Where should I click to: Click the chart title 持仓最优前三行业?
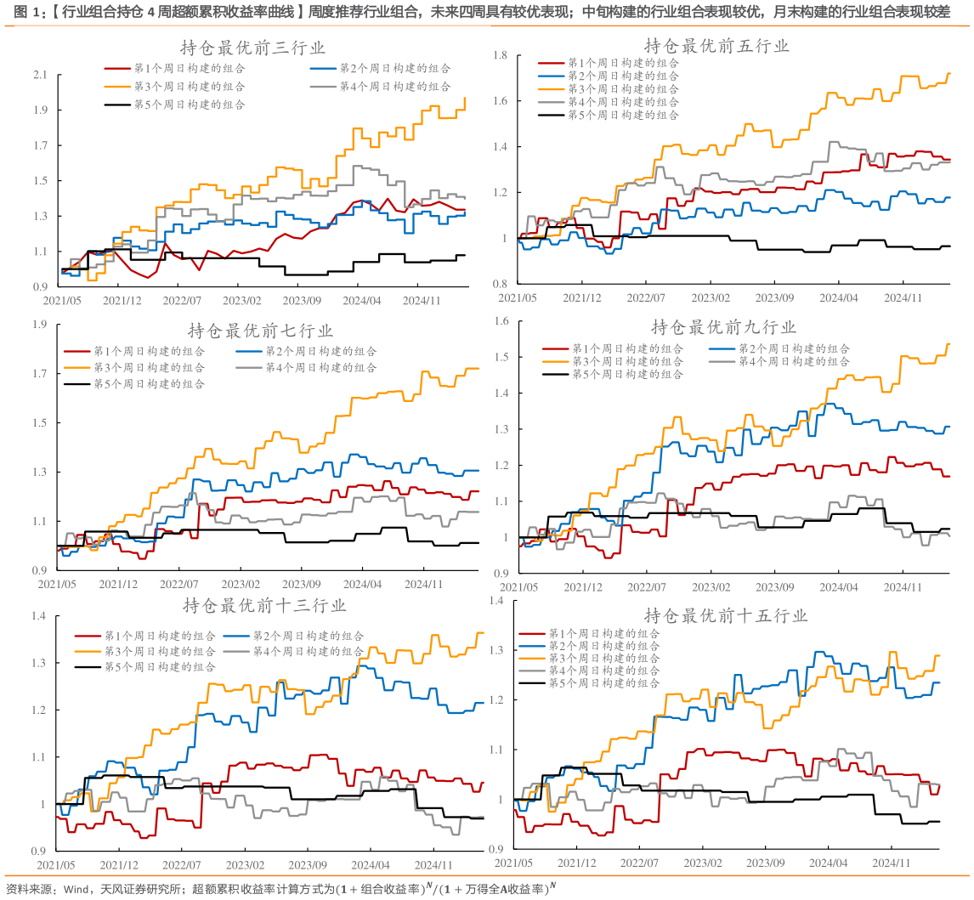click(252, 48)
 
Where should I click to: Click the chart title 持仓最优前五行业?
click(716, 46)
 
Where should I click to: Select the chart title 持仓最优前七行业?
click(260, 331)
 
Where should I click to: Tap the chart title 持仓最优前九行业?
click(723, 327)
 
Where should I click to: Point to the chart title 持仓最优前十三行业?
click(264, 606)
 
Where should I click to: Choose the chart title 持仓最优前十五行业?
click(726, 615)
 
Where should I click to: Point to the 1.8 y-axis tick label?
click(500, 56)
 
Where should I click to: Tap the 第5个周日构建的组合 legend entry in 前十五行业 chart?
click(603, 683)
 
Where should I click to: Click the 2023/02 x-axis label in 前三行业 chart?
click(243, 301)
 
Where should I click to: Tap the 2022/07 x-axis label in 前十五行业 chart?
click(643, 862)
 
